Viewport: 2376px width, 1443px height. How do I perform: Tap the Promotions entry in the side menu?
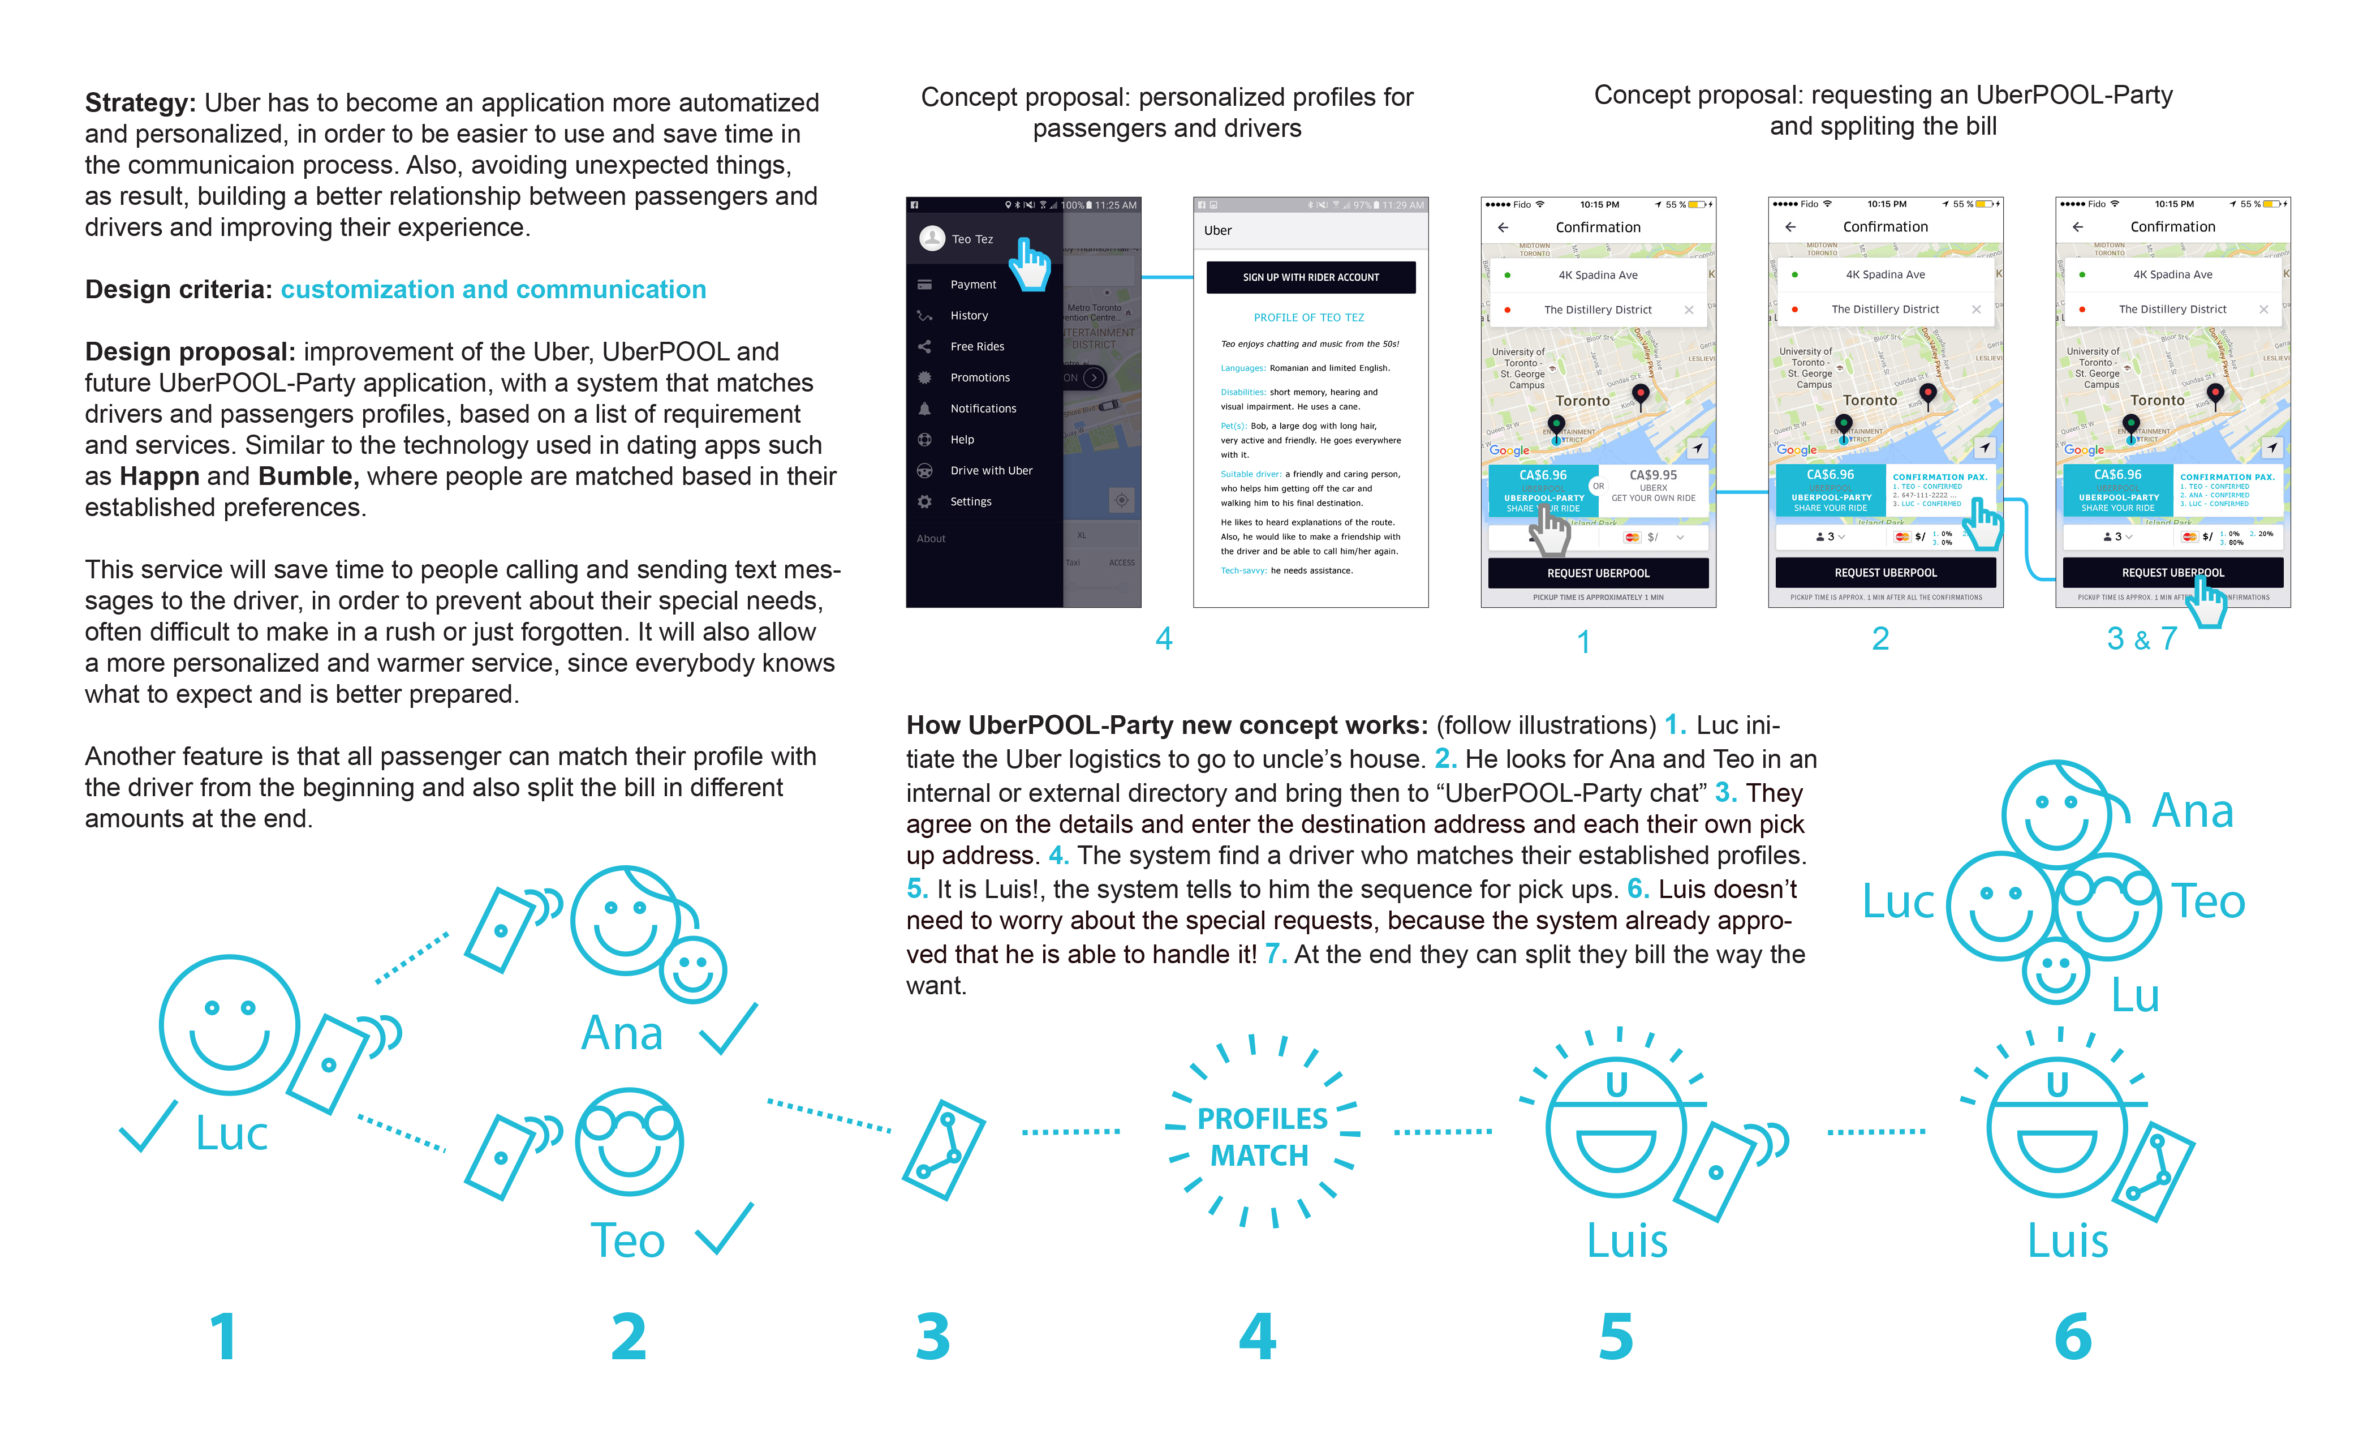[980, 377]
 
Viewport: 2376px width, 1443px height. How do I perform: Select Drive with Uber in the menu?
[991, 471]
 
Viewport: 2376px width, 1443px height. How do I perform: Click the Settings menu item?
[970, 501]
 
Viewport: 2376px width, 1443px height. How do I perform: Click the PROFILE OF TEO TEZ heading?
[1308, 317]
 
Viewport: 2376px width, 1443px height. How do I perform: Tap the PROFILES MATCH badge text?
[1262, 1136]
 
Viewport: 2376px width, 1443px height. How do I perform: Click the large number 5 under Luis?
[1616, 1337]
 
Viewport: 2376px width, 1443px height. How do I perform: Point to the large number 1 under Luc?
[223, 1337]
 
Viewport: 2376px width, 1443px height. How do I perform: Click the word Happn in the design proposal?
[159, 476]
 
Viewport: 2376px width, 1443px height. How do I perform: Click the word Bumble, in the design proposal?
[308, 476]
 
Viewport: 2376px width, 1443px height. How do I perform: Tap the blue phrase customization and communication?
[493, 289]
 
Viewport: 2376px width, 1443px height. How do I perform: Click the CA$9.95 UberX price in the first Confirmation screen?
[1653, 475]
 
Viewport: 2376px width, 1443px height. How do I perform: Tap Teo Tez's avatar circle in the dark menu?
[932, 238]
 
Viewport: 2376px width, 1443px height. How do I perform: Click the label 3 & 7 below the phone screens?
[2142, 638]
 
